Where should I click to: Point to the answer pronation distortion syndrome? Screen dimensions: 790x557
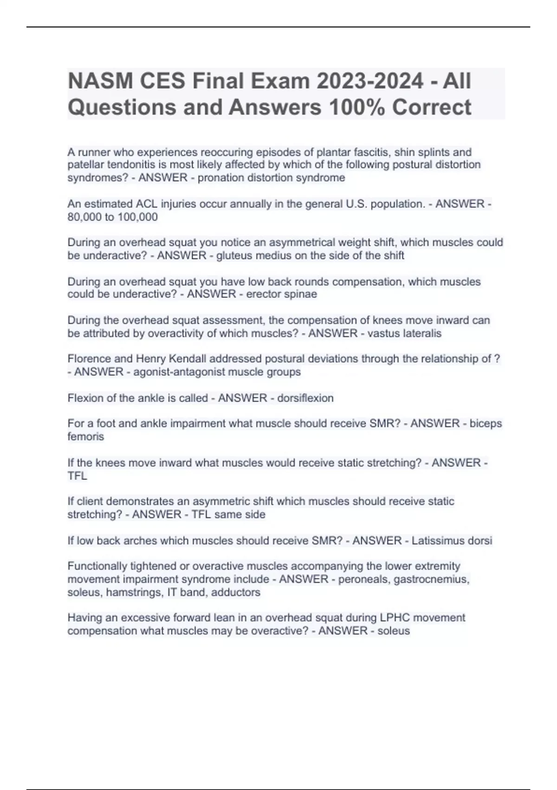point(272,178)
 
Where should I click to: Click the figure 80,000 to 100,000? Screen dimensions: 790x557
point(113,217)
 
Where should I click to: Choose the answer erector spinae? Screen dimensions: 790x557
point(282,294)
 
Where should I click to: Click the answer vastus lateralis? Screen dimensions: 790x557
point(404,333)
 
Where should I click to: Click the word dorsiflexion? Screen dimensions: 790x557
point(305,398)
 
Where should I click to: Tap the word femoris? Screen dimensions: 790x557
point(86,437)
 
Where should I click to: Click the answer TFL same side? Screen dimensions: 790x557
point(228,514)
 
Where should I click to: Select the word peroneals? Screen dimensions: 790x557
point(363,579)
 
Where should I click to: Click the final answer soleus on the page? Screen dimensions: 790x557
point(394,631)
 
